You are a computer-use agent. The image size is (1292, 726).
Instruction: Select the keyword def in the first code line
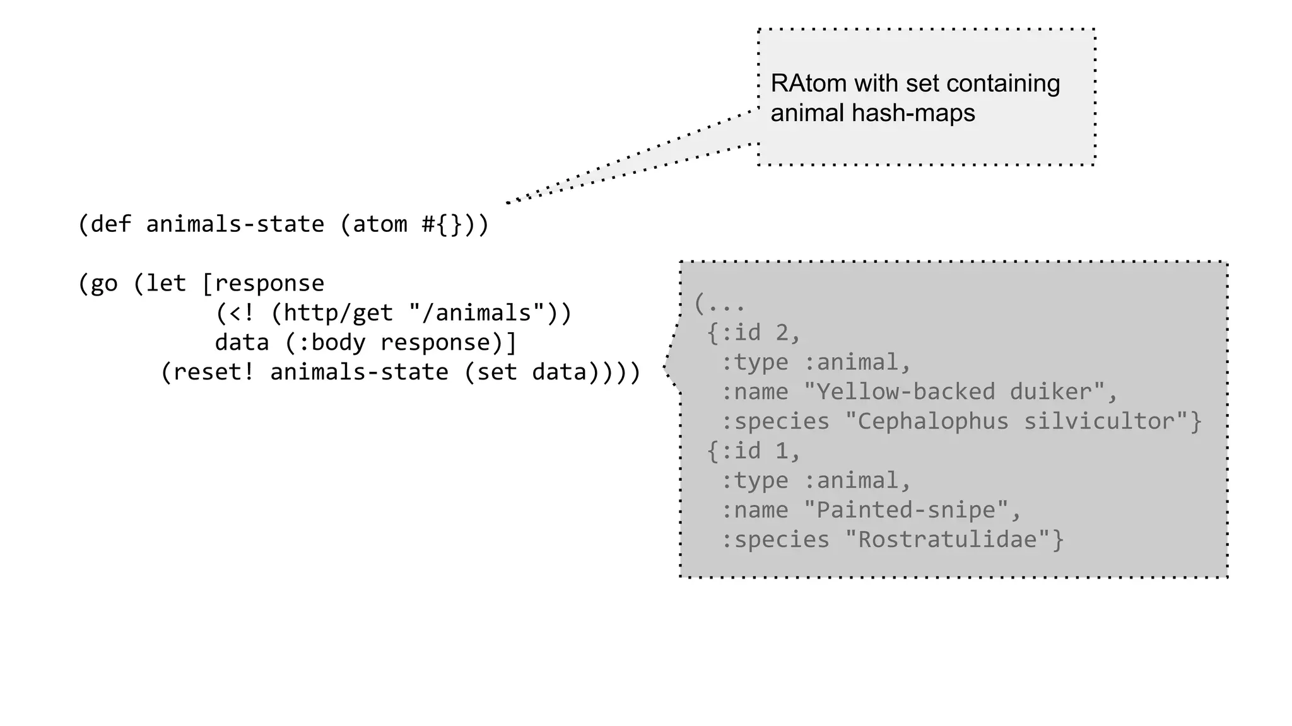tap(110, 224)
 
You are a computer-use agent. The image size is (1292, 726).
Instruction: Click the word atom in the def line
tap(380, 224)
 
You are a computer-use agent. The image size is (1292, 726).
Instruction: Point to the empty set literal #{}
tap(442, 224)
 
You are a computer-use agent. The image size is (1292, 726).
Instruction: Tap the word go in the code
tap(104, 284)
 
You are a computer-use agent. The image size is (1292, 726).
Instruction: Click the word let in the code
tap(166, 284)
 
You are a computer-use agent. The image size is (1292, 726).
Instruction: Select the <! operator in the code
tap(242, 313)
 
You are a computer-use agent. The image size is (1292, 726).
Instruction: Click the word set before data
tap(497, 372)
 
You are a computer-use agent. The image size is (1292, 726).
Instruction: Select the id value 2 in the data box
tap(782, 333)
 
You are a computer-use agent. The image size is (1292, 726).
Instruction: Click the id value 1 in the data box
tap(782, 451)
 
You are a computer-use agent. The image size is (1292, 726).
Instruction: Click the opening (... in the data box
tap(719, 304)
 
